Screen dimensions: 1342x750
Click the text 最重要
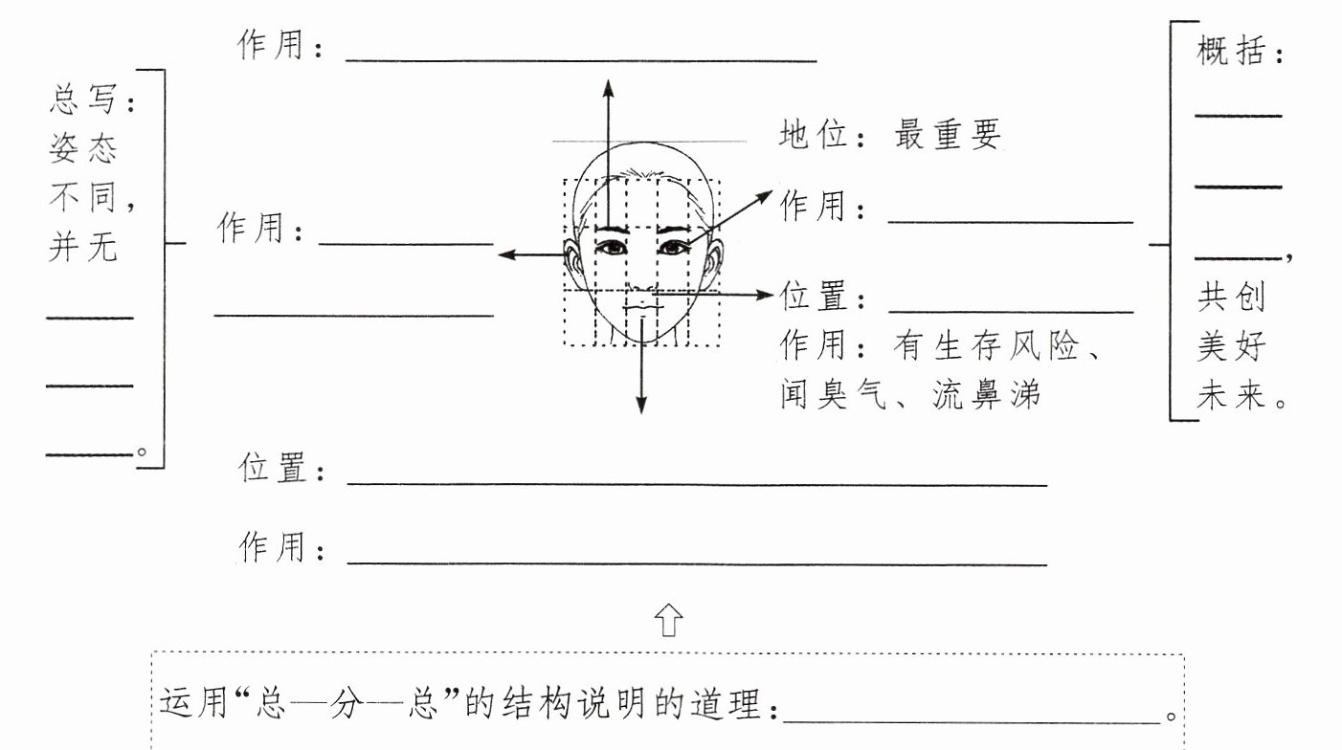(948, 134)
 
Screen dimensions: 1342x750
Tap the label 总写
(83, 99)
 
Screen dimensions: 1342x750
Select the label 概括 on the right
(1231, 51)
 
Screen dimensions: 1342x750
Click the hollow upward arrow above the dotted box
(668, 620)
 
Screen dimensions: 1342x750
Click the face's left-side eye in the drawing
(612, 247)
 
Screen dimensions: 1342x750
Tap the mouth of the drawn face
(643, 308)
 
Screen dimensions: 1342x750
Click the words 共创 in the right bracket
(1231, 297)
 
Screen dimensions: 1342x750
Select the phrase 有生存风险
(986, 345)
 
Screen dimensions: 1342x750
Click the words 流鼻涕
(986, 395)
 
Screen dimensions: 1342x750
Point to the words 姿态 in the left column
(83, 148)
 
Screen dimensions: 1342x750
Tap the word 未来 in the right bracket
(1231, 395)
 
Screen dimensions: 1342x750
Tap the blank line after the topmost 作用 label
(581, 60)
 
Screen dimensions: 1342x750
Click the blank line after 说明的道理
(972, 722)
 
